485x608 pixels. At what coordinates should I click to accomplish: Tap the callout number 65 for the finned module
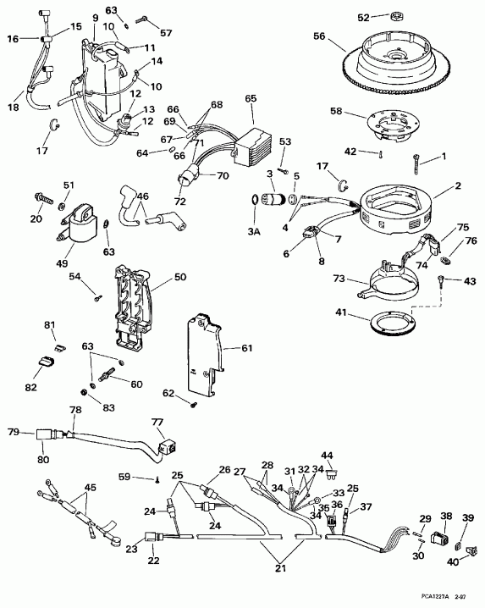pos(250,98)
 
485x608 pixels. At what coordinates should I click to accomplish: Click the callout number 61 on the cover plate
pos(247,347)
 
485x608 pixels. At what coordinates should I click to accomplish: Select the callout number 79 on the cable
pos(13,432)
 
